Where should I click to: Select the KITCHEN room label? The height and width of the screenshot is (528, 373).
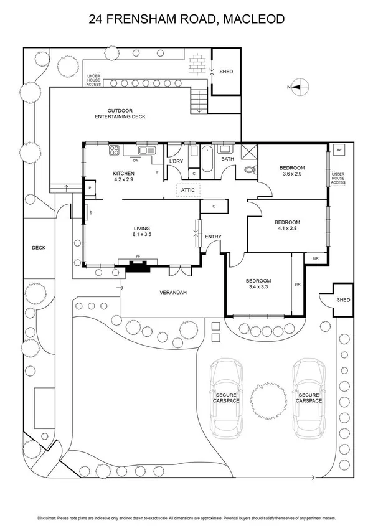tap(123, 173)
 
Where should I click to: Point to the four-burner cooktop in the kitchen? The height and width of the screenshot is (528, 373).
tap(115, 150)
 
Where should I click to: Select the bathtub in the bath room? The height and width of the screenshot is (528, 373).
tap(204, 150)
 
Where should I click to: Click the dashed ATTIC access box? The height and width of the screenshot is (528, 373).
tap(187, 190)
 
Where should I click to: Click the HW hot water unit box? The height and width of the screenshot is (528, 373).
tap(339, 151)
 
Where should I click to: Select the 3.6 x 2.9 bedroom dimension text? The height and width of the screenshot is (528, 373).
tap(292, 174)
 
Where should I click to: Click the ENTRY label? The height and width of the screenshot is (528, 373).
tap(213, 237)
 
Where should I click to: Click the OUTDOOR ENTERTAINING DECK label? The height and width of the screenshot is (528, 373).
tap(120, 113)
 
